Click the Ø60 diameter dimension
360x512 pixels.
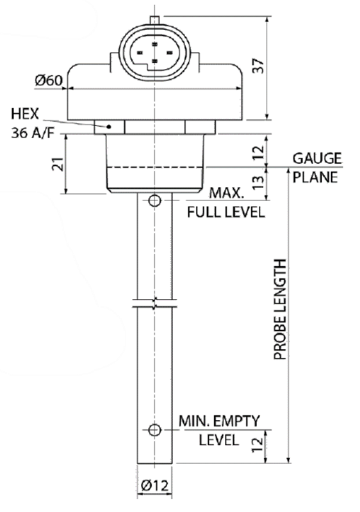[x=49, y=81]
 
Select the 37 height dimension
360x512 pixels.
[x=258, y=67]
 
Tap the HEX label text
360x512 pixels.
[x=26, y=114]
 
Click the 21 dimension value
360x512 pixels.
[x=56, y=164]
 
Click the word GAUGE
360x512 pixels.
[x=317, y=159]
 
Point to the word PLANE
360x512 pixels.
[x=315, y=177]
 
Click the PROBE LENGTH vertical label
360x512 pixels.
[x=280, y=309]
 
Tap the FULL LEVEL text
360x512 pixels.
[x=225, y=212]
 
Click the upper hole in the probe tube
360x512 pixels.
[x=154, y=202]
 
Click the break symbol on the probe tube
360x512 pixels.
[x=154, y=301]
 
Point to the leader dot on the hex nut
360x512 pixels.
[x=110, y=127]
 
